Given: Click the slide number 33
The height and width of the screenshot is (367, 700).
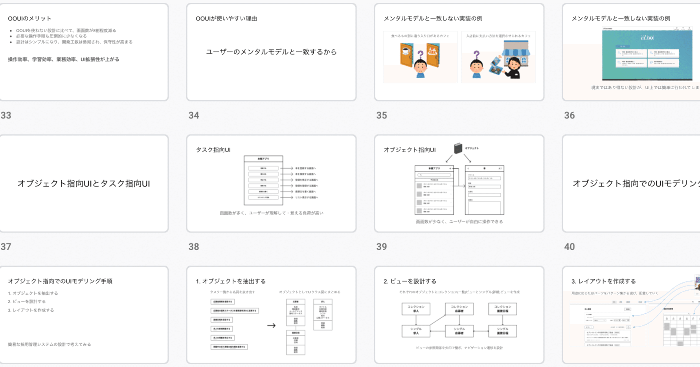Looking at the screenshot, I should tap(6, 115).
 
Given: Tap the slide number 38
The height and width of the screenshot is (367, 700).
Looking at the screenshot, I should tap(193, 247).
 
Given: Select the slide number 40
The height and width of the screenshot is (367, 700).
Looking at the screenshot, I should tap(569, 247).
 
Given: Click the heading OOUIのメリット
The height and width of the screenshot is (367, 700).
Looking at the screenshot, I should tap(29, 18).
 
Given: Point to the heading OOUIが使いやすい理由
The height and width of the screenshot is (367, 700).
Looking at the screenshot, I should tap(226, 18).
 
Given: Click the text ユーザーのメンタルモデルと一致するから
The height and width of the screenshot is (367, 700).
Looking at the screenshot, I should tap(271, 52).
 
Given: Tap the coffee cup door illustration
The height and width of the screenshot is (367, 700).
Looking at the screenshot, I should tap(406, 55).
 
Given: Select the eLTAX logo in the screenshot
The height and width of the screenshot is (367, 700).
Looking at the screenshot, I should tap(647, 38).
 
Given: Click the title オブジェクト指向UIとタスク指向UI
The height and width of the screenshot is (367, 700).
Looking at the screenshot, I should tap(84, 184).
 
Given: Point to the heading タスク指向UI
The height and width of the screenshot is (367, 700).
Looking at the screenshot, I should tap(213, 150).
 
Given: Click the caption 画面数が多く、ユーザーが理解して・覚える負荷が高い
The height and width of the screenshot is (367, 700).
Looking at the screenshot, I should tap(271, 213).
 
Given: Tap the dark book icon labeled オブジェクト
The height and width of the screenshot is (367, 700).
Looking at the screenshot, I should tap(458, 148).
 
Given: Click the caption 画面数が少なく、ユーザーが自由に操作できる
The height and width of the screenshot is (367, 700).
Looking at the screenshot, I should tap(459, 222).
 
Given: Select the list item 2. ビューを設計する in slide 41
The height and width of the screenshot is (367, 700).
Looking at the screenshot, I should tap(27, 302).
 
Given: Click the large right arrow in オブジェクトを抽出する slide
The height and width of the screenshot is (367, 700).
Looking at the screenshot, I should tap(271, 325).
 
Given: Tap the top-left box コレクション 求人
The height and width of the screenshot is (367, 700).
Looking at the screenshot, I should tap(416, 309).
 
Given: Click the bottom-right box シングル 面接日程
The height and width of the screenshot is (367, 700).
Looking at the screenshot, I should tap(502, 331).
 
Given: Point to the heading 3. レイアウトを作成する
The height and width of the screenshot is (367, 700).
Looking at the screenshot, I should tap(603, 281).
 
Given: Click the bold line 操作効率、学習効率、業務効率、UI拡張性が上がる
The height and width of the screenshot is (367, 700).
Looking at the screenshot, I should tap(64, 59).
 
